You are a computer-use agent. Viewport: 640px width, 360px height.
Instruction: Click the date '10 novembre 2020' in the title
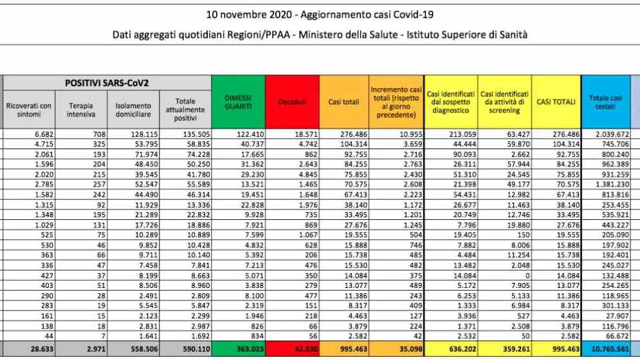click(x=248, y=15)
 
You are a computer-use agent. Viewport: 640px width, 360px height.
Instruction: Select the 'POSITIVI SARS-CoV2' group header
click(x=107, y=83)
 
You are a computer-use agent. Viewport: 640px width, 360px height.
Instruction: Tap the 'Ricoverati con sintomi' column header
click(x=28, y=110)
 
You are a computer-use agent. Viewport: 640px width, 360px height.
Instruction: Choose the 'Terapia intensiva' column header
click(x=81, y=110)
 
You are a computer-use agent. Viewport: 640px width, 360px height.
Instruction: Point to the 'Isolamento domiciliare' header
click(x=133, y=110)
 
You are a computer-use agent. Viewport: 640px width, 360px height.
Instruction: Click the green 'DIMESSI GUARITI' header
click(x=239, y=102)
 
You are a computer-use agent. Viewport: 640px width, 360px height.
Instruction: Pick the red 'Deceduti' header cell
click(x=292, y=102)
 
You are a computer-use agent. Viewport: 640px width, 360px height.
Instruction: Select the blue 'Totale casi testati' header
click(x=606, y=102)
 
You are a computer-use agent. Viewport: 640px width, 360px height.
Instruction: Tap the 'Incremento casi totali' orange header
click(x=396, y=102)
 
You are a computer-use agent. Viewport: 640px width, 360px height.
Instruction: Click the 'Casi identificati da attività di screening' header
click(x=504, y=102)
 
